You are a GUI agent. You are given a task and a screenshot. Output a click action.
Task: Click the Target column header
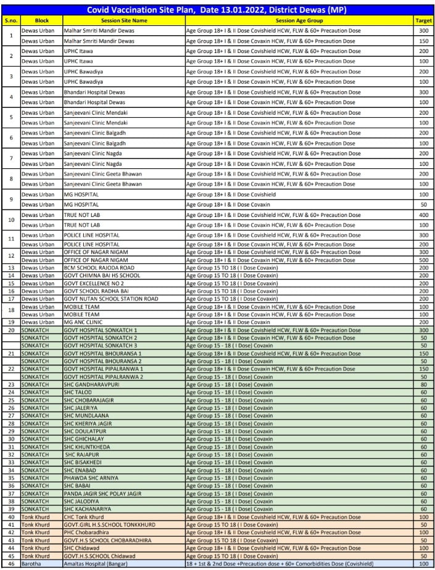[x=423, y=20]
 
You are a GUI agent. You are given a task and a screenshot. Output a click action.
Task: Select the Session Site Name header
[x=123, y=20]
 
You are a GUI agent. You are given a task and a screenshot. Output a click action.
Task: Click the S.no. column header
[x=10, y=20]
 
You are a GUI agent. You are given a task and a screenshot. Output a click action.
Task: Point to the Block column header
[x=41, y=20]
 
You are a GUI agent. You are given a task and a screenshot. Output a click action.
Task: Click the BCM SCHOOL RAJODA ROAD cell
[x=99, y=268]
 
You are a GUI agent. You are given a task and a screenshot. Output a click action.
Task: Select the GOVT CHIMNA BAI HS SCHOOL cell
[x=102, y=275]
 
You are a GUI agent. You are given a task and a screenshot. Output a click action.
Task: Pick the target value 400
[x=423, y=214]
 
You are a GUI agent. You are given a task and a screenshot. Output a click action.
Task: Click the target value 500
[x=423, y=260]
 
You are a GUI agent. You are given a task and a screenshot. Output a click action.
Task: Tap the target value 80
[x=423, y=385]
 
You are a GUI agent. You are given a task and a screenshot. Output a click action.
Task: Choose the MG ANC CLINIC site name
[x=87, y=322]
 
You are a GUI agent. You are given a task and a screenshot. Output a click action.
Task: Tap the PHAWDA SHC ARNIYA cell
[x=93, y=478]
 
